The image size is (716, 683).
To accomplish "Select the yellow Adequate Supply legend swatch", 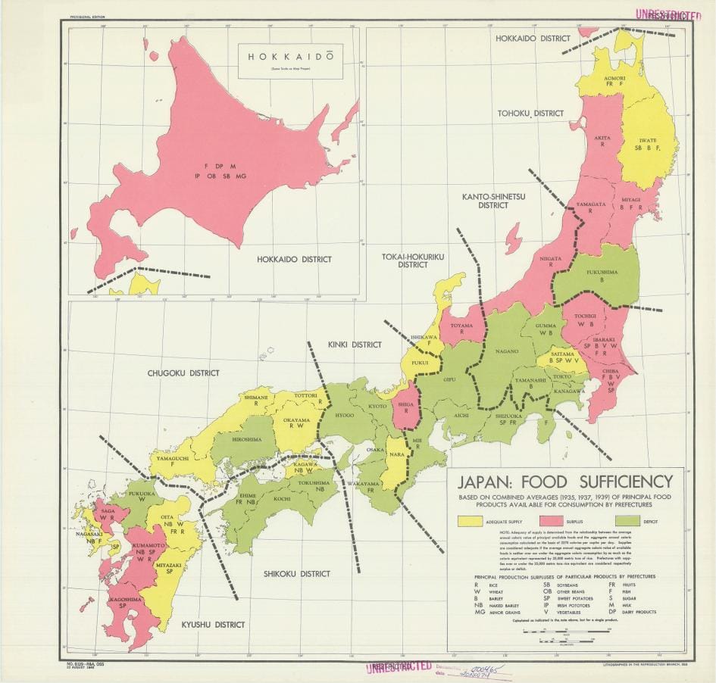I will click(470, 522).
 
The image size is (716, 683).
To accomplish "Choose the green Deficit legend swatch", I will click(630, 522).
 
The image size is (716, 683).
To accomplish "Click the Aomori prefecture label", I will click(614, 79).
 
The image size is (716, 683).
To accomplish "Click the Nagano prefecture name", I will click(507, 351).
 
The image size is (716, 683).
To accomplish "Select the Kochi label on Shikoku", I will click(281, 499).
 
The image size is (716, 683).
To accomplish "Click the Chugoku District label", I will click(183, 373).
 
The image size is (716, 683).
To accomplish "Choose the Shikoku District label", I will click(297, 574).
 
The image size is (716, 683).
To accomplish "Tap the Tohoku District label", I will click(530, 113).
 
